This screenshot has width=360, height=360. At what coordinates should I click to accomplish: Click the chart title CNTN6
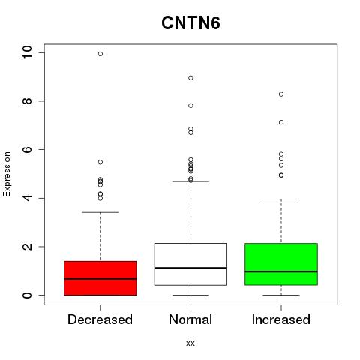click(190, 23)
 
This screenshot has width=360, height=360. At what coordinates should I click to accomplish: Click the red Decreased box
click(100, 278)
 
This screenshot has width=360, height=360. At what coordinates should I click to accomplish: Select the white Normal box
click(190, 264)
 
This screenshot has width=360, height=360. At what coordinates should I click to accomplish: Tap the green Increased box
click(281, 264)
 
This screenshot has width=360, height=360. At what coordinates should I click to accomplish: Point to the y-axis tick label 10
click(27, 52)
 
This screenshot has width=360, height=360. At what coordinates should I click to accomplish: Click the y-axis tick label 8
click(27, 101)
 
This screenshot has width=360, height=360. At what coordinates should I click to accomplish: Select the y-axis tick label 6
click(27, 149)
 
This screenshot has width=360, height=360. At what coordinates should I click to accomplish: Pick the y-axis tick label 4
click(27, 198)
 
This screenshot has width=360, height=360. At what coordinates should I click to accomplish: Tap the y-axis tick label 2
click(27, 247)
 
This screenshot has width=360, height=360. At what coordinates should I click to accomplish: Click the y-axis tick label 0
click(27, 295)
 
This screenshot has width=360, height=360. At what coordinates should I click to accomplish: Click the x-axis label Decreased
click(100, 319)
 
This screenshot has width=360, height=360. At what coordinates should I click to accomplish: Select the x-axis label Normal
click(190, 319)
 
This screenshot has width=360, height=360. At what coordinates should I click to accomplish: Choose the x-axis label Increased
click(281, 319)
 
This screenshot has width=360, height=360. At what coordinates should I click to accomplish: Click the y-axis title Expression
click(7, 174)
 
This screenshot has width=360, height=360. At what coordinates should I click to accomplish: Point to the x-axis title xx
click(190, 343)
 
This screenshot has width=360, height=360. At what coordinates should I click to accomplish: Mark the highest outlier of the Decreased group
click(100, 54)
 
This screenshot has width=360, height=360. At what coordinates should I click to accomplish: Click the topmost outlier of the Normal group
click(190, 78)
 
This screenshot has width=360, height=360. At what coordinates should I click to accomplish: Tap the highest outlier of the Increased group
click(281, 94)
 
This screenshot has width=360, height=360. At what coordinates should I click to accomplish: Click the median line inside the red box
click(100, 278)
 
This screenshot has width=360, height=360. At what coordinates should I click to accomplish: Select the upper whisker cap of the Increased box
click(281, 199)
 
